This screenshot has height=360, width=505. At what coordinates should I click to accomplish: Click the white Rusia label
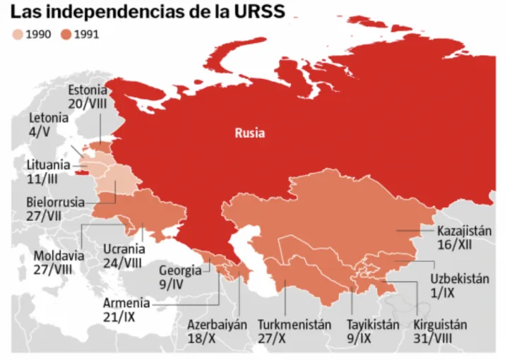(x=250, y=133)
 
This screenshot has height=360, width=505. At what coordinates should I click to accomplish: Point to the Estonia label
(x=87, y=90)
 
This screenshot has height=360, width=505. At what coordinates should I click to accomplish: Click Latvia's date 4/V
(x=40, y=131)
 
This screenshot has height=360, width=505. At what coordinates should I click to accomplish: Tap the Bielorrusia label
(x=55, y=202)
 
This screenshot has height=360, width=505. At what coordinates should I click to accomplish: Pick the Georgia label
(x=180, y=270)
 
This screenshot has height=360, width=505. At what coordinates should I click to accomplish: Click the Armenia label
(x=126, y=303)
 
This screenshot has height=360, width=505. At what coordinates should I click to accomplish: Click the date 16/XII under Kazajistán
(x=454, y=245)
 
